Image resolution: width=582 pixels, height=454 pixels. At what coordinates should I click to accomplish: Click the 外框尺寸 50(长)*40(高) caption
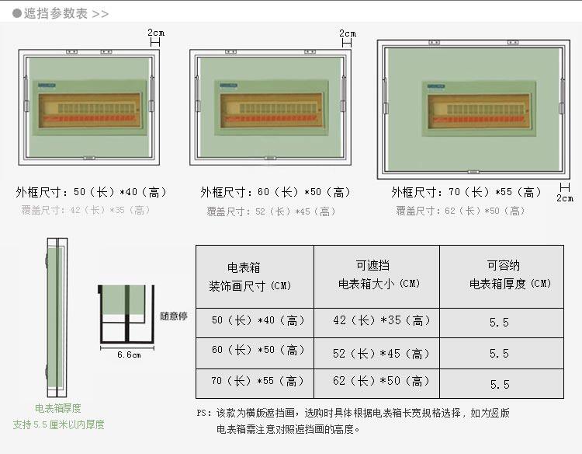92,192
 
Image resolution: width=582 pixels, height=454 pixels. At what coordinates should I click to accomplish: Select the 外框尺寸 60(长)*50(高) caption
276,192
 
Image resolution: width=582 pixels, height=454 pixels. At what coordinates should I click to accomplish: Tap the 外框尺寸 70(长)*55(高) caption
466,192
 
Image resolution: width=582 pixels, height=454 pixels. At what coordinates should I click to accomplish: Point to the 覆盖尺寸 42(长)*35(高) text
86,210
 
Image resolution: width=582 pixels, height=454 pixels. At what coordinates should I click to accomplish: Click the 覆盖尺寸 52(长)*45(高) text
272,211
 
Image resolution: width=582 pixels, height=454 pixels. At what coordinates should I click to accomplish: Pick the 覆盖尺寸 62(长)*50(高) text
459,211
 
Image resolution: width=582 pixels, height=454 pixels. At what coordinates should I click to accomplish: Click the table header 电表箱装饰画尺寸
249,277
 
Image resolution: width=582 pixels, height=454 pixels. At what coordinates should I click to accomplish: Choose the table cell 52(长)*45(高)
381,354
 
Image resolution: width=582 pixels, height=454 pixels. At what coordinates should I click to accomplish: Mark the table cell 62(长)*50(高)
381,382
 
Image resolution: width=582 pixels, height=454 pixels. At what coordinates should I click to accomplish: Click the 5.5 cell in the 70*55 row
499,384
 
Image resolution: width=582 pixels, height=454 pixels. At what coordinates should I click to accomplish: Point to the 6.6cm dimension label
128,355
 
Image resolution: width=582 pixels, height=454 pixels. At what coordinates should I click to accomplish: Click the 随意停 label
174,316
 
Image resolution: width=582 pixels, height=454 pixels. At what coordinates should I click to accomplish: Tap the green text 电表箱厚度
58,408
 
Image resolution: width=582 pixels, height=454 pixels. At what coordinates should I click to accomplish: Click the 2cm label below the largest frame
565,197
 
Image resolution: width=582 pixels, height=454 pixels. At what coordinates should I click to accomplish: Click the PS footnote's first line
353,414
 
